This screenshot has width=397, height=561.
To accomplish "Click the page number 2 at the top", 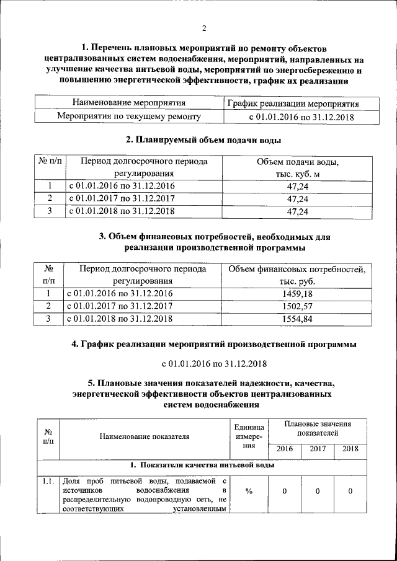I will tap(203, 28).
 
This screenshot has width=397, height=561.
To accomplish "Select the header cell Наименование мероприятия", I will tap(129, 102).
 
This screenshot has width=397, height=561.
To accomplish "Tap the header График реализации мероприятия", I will tap(292, 103).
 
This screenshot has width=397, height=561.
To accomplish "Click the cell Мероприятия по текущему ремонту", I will tap(129, 116).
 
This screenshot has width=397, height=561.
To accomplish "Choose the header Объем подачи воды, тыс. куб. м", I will tap(297, 168).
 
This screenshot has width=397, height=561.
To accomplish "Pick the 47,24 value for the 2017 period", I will tap(297, 199).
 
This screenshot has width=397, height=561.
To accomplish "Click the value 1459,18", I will tap(297, 293).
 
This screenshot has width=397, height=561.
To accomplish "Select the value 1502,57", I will tap(297, 306).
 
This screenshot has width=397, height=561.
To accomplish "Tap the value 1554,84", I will tap(297, 318).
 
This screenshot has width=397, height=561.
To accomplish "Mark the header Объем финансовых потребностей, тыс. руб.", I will tap(297, 275).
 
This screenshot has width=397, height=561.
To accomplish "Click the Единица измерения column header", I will tap(249, 436).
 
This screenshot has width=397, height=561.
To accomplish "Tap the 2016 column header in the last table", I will tap(284, 449).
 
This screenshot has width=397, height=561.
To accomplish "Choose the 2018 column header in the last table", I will tap(350, 449).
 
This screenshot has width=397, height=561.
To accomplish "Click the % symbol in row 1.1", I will tap(249, 492).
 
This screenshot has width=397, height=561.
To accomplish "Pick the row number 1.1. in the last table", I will tap(48, 481).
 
